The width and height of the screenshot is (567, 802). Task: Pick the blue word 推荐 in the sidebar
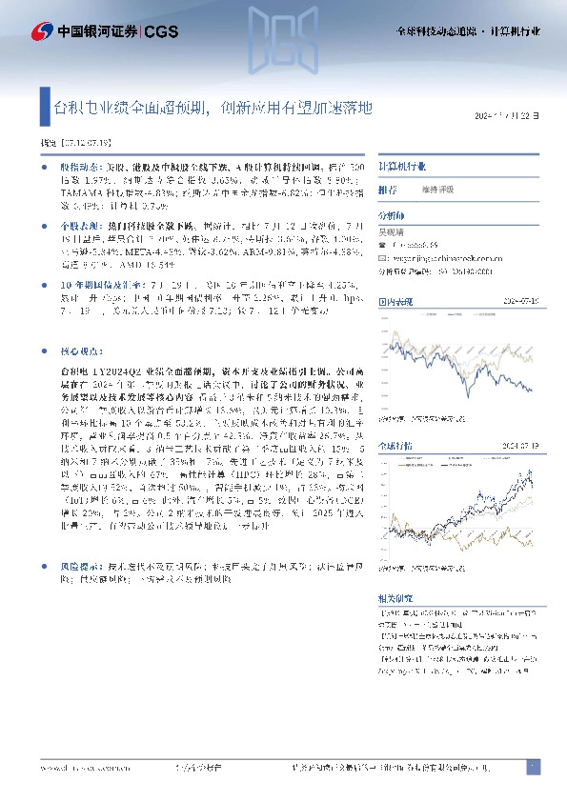pos(387,190)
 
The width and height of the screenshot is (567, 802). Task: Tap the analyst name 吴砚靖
pos(393,231)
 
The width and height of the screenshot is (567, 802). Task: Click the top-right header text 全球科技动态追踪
pos(434,31)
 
